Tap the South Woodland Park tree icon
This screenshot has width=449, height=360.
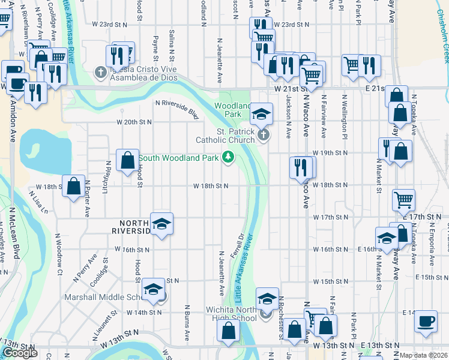click(x=228, y=158)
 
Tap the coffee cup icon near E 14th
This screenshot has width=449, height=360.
click(x=426, y=320)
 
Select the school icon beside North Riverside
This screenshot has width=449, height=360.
click(x=161, y=224)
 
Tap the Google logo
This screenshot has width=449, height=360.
click(x=20, y=353)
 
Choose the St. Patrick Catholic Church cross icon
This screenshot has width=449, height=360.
click(x=264, y=135)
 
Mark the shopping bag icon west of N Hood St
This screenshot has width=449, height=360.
click(x=127, y=160)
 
